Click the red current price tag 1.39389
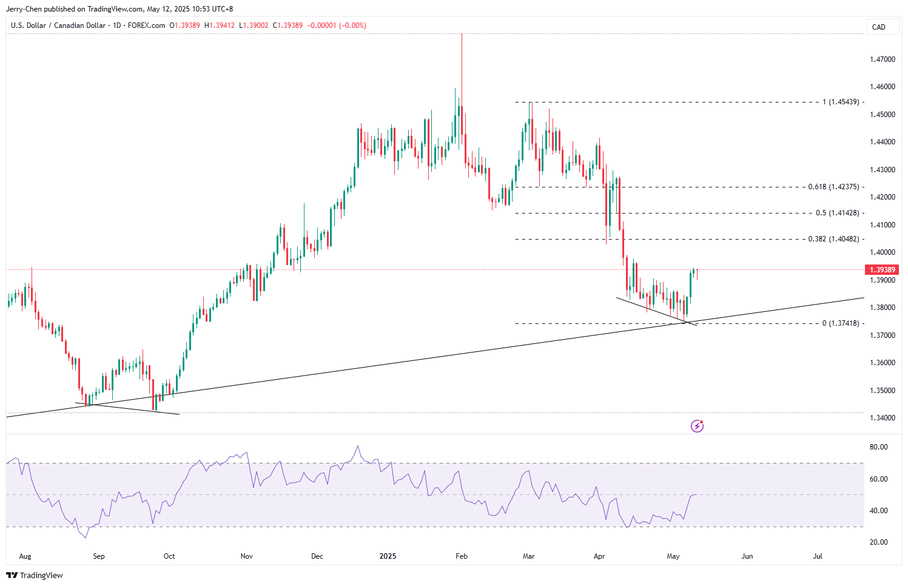point(883,270)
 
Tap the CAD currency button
point(878,27)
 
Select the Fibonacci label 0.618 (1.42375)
point(833,187)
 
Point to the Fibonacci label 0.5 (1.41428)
point(837,213)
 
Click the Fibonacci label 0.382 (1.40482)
point(833,239)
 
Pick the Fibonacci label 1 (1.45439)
point(841,102)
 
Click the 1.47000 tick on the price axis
point(882,59)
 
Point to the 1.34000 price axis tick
point(882,418)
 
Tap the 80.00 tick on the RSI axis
point(878,447)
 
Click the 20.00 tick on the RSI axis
point(878,542)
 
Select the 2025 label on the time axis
point(388,556)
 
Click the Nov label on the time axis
point(246,556)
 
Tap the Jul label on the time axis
point(818,556)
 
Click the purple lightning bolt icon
point(697,426)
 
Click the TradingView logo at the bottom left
point(35,575)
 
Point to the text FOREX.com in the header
point(146,25)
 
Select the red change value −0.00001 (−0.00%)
point(337,25)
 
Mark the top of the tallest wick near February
point(462,35)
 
